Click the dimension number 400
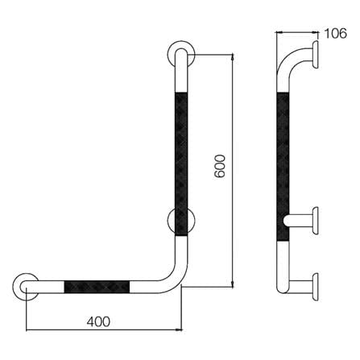click(98, 321)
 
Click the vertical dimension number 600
click(220, 166)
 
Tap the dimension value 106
click(336, 34)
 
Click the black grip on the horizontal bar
click(97, 287)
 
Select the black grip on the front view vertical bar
click(181, 164)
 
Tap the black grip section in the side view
click(283, 166)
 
